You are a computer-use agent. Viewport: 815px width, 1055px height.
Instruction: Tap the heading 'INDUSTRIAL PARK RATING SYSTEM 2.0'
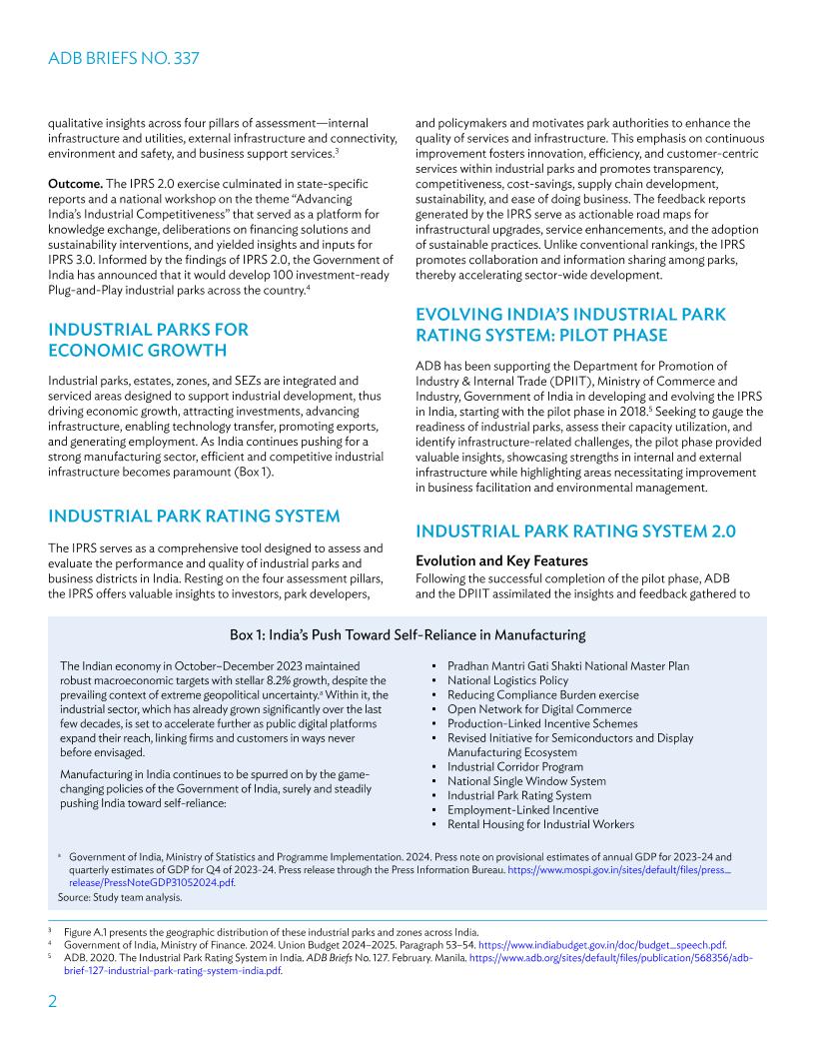pyautogui.click(x=575, y=531)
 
